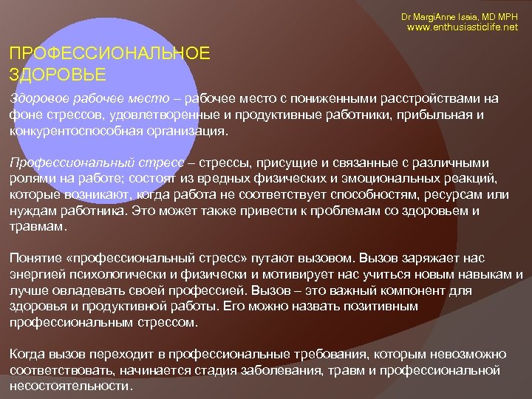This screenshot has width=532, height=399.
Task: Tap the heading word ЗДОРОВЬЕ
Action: coord(58,74)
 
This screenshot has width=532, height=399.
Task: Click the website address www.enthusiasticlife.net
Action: coord(463,27)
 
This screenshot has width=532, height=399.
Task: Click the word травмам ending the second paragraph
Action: coord(35,227)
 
